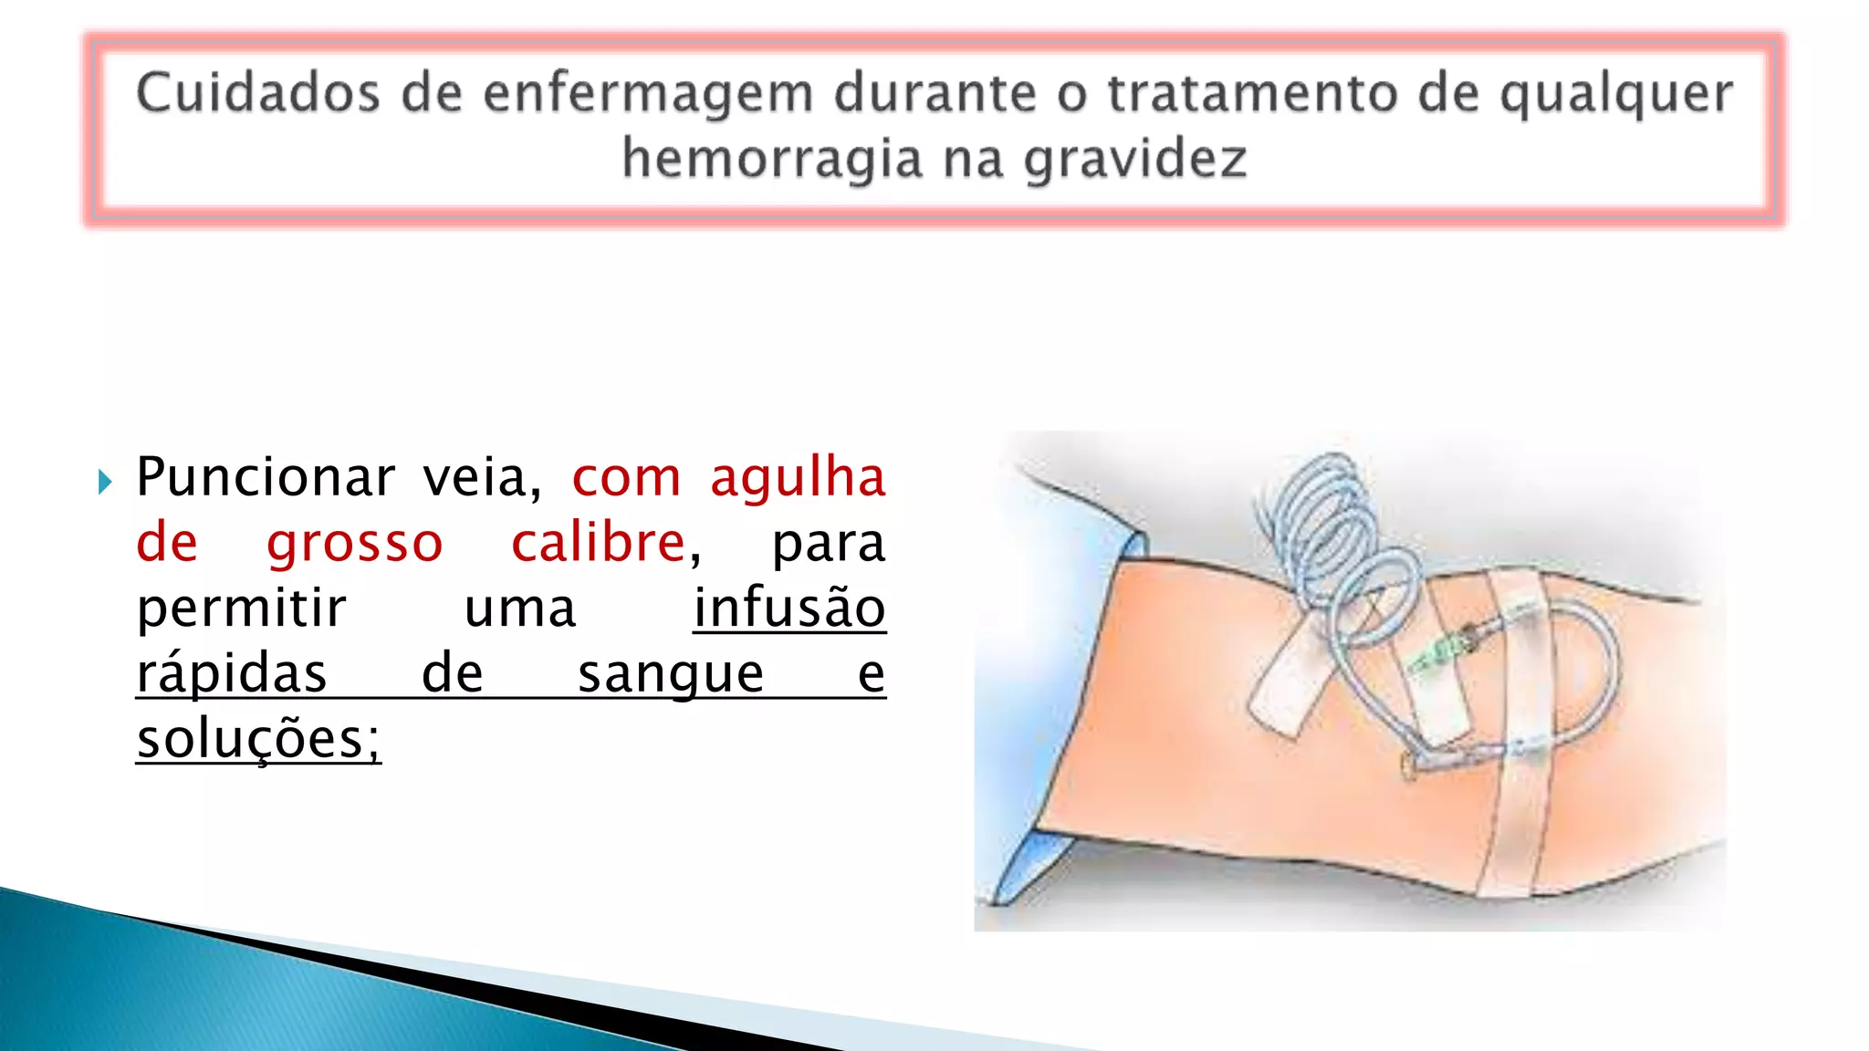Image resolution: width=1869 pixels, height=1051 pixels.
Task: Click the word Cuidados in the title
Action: (x=257, y=93)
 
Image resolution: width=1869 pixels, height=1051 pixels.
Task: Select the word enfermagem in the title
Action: (x=647, y=95)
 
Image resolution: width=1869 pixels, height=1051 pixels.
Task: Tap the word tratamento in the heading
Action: (x=1252, y=93)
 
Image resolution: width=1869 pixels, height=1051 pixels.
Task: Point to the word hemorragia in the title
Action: (x=772, y=159)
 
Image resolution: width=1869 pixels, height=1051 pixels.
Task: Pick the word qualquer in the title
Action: (x=1615, y=95)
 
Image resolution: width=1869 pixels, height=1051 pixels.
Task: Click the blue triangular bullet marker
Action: (x=105, y=481)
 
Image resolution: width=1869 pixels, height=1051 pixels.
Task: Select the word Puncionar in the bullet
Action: (x=266, y=477)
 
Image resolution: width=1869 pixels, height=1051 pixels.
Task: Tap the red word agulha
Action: (x=798, y=478)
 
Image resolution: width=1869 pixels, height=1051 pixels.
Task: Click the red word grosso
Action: (x=354, y=543)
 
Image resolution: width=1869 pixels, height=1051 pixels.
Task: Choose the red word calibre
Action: (x=598, y=543)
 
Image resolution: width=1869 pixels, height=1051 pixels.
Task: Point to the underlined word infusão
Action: (x=789, y=609)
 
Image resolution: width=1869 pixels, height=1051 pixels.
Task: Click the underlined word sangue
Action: (x=671, y=674)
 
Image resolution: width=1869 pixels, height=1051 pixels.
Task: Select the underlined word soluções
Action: (x=258, y=739)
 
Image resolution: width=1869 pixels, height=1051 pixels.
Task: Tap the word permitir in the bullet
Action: (x=241, y=609)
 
